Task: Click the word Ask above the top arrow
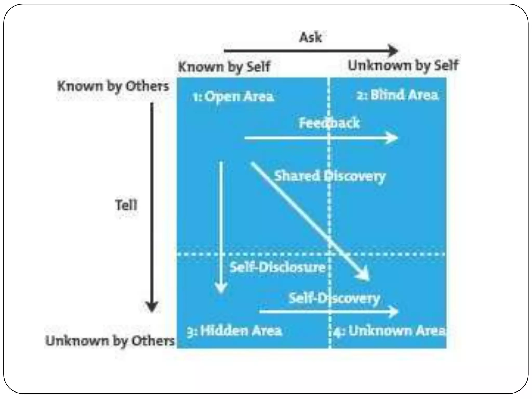click(310, 37)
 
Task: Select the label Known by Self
click(224, 67)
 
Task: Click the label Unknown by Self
click(403, 65)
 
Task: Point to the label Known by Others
click(113, 86)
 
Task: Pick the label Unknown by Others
click(110, 341)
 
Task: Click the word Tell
click(126, 205)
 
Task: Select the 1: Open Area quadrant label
click(233, 97)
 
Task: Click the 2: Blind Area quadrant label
click(397, 95)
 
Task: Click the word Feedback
click(329, 123)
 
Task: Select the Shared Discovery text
click(330, 176)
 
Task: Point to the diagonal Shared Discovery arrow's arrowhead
click(364, 275)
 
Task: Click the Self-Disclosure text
click(277, 267)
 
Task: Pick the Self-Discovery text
click(334, 298)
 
